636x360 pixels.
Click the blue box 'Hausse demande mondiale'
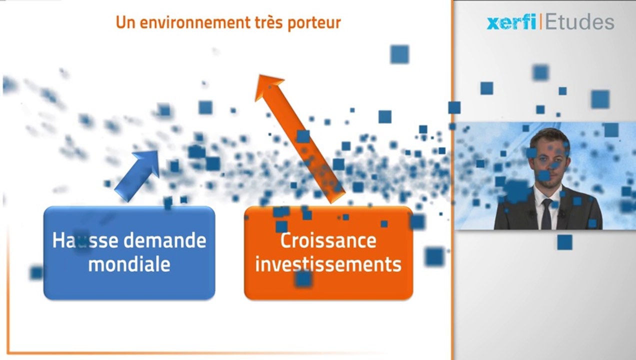[x=129, y=280]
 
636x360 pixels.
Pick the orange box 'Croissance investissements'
[x=328, y=285]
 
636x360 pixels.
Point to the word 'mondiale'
[x=129, y=264]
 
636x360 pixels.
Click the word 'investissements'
[x=328, y=264]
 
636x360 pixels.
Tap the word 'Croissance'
[x=328, y=240]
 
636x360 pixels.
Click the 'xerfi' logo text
[x=511, y=22]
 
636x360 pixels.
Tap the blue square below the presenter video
[x=564, y=242]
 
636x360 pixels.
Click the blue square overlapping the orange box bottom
[x=303, y=278]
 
